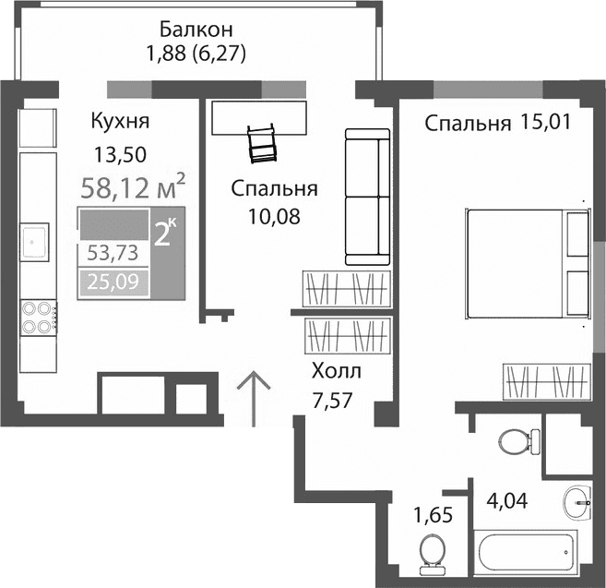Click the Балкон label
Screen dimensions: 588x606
point(194,27)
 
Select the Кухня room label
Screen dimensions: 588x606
point(120,121)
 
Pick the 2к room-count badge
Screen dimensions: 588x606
point(166,232)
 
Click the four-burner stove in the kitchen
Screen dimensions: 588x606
point(36,317)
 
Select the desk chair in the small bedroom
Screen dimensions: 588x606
point(262,140)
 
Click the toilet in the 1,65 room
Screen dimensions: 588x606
point(429,553)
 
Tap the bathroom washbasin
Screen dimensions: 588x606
point(579,504)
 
